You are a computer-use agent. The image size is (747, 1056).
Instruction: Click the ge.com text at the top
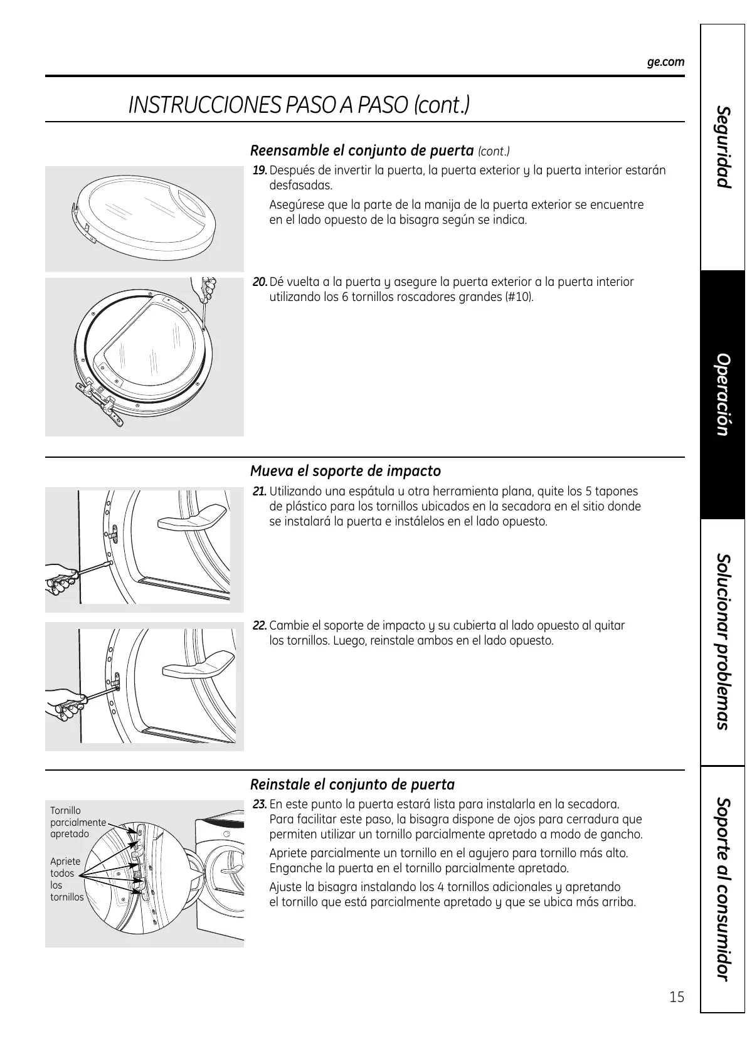click(x=665, y=62)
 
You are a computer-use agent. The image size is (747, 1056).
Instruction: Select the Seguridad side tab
click(x=723, y=147)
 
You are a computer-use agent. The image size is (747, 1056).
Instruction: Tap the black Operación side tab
click(x=723, y=394)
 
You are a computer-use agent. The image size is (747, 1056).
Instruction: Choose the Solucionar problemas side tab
click(x=723, y=642)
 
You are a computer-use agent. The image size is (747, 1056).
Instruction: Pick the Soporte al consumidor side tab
click(x=723, y=889)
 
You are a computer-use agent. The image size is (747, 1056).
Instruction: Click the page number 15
click(x=676, y=997)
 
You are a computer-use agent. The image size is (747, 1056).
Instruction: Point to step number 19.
click(x=260, y=171)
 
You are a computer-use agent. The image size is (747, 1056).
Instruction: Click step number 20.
click(x=260, y=282)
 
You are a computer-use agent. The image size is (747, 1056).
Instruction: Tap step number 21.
click(x=260, y=492)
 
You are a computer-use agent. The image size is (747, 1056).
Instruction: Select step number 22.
click(x=260, y=626)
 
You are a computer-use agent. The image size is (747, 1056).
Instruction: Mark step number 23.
click(x=260, y=805)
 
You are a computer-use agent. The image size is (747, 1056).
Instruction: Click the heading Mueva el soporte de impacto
click(x=345, y=471)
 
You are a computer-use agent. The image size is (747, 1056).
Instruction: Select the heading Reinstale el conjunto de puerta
click(x=352, y=784)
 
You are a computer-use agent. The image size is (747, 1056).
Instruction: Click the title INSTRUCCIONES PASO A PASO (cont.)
click(x=299, y=105)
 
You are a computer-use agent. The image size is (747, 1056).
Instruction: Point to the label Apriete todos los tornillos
click(x=66, y=879)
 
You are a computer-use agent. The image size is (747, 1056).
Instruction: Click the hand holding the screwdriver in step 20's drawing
click(x=206, y=289)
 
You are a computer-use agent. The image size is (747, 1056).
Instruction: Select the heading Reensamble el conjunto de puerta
click(x=361, y=150)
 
